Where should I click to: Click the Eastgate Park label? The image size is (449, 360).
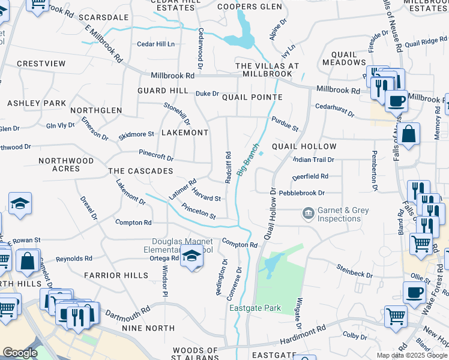tap(255, 308)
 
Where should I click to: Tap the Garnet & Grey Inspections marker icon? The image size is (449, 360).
tap(308, 213)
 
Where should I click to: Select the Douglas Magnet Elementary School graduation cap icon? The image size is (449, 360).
tap(192, 256)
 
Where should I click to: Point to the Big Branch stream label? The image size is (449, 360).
tap(248, 159)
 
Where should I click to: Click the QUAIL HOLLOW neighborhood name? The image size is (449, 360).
tap(304, 146)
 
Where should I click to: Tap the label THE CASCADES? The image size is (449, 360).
tap(140, 171)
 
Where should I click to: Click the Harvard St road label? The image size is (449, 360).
tap(206, 194)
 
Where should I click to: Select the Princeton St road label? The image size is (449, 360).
tap(198, 212)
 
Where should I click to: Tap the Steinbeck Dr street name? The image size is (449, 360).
tap(355, 271)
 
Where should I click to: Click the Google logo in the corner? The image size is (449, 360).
tap(20, 353)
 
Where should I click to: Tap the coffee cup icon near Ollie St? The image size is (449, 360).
tap(414, 293)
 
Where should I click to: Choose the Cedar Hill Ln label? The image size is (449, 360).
tap(155, 44)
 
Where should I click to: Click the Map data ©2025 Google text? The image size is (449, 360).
tap(412, 355)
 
